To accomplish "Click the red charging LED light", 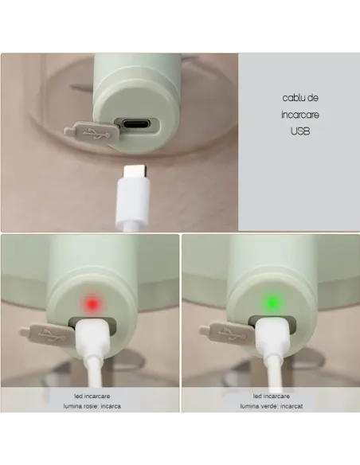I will pos(92,303).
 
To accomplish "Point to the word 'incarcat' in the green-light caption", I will pos(292,405).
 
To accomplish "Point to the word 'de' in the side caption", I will pos(313,97).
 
